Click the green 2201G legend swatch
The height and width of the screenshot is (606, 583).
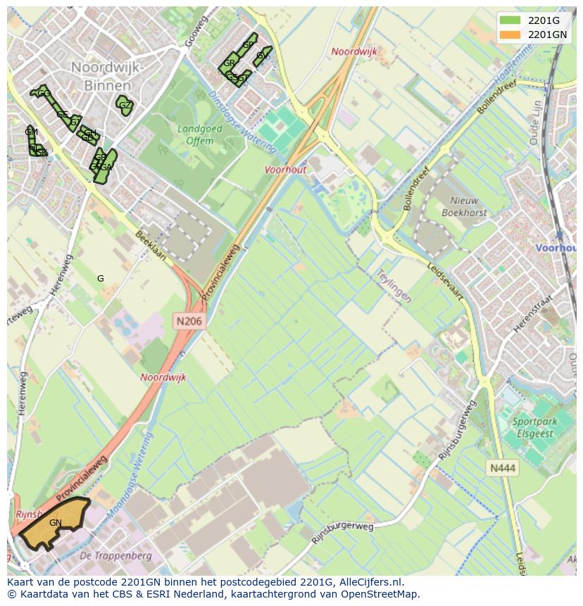pos(510,20)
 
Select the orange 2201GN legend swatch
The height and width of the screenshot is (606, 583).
pos(510,34)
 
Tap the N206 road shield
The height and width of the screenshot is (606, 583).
pos(188,321)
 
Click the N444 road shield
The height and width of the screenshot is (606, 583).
pos(503,467)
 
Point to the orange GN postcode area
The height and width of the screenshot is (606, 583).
pos(53,523)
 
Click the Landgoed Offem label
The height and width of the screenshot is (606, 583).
pos(200,134)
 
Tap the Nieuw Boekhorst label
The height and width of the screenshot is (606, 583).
pos(465,206)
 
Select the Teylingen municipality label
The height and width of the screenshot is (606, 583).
pos(393,284)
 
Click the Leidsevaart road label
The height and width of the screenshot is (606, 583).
pos(445,282)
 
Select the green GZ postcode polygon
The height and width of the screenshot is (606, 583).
pos(125,106)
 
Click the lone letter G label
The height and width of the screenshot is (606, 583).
pos(101,279)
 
